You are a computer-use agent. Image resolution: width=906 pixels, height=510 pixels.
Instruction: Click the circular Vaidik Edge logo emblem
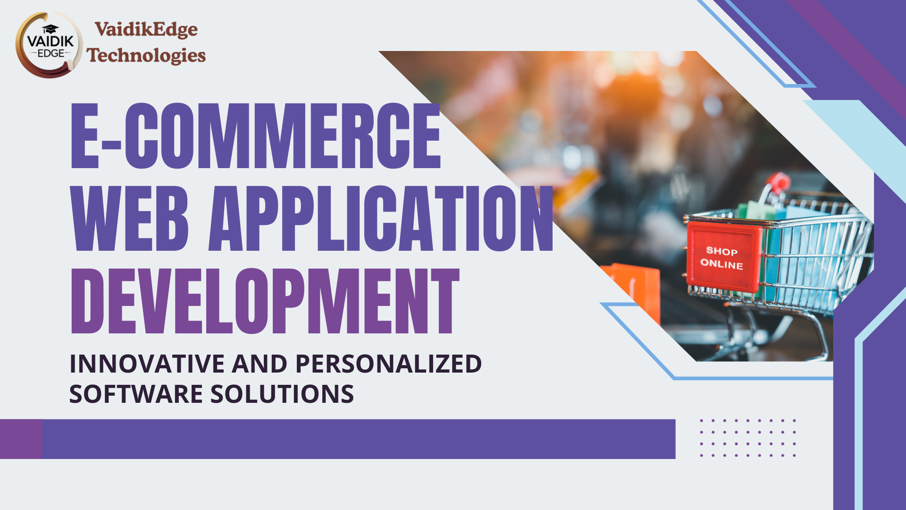click(50, 45)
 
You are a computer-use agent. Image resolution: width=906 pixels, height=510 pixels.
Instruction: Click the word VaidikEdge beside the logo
click(146, 30)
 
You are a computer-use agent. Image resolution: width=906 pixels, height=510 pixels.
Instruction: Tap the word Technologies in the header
click(146, 55)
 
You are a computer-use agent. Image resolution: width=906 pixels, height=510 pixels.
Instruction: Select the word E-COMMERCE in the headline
click(255, 136)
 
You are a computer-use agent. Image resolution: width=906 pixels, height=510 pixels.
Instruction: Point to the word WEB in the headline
click(130, 218)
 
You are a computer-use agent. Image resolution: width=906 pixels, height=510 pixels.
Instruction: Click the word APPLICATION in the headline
click(381, 218)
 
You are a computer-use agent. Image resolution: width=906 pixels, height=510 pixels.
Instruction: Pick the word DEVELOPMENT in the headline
click(265, 301)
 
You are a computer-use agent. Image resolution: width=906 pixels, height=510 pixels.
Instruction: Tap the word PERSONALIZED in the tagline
click(388, 364)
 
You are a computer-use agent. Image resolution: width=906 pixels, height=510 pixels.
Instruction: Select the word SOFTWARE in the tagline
click(136, 394)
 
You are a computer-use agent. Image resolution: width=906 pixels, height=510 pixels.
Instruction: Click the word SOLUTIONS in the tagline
click(282, 394)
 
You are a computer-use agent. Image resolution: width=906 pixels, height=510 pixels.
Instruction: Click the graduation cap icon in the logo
click(50, 29)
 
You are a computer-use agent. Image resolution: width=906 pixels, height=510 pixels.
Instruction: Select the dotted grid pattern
click(748, 438)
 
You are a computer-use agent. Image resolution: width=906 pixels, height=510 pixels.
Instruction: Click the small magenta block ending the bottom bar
click(21, 439)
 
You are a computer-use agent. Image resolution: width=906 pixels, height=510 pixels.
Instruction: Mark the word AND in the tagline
click(260, 364)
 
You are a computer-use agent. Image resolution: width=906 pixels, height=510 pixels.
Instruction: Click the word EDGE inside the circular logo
click(50, 54)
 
